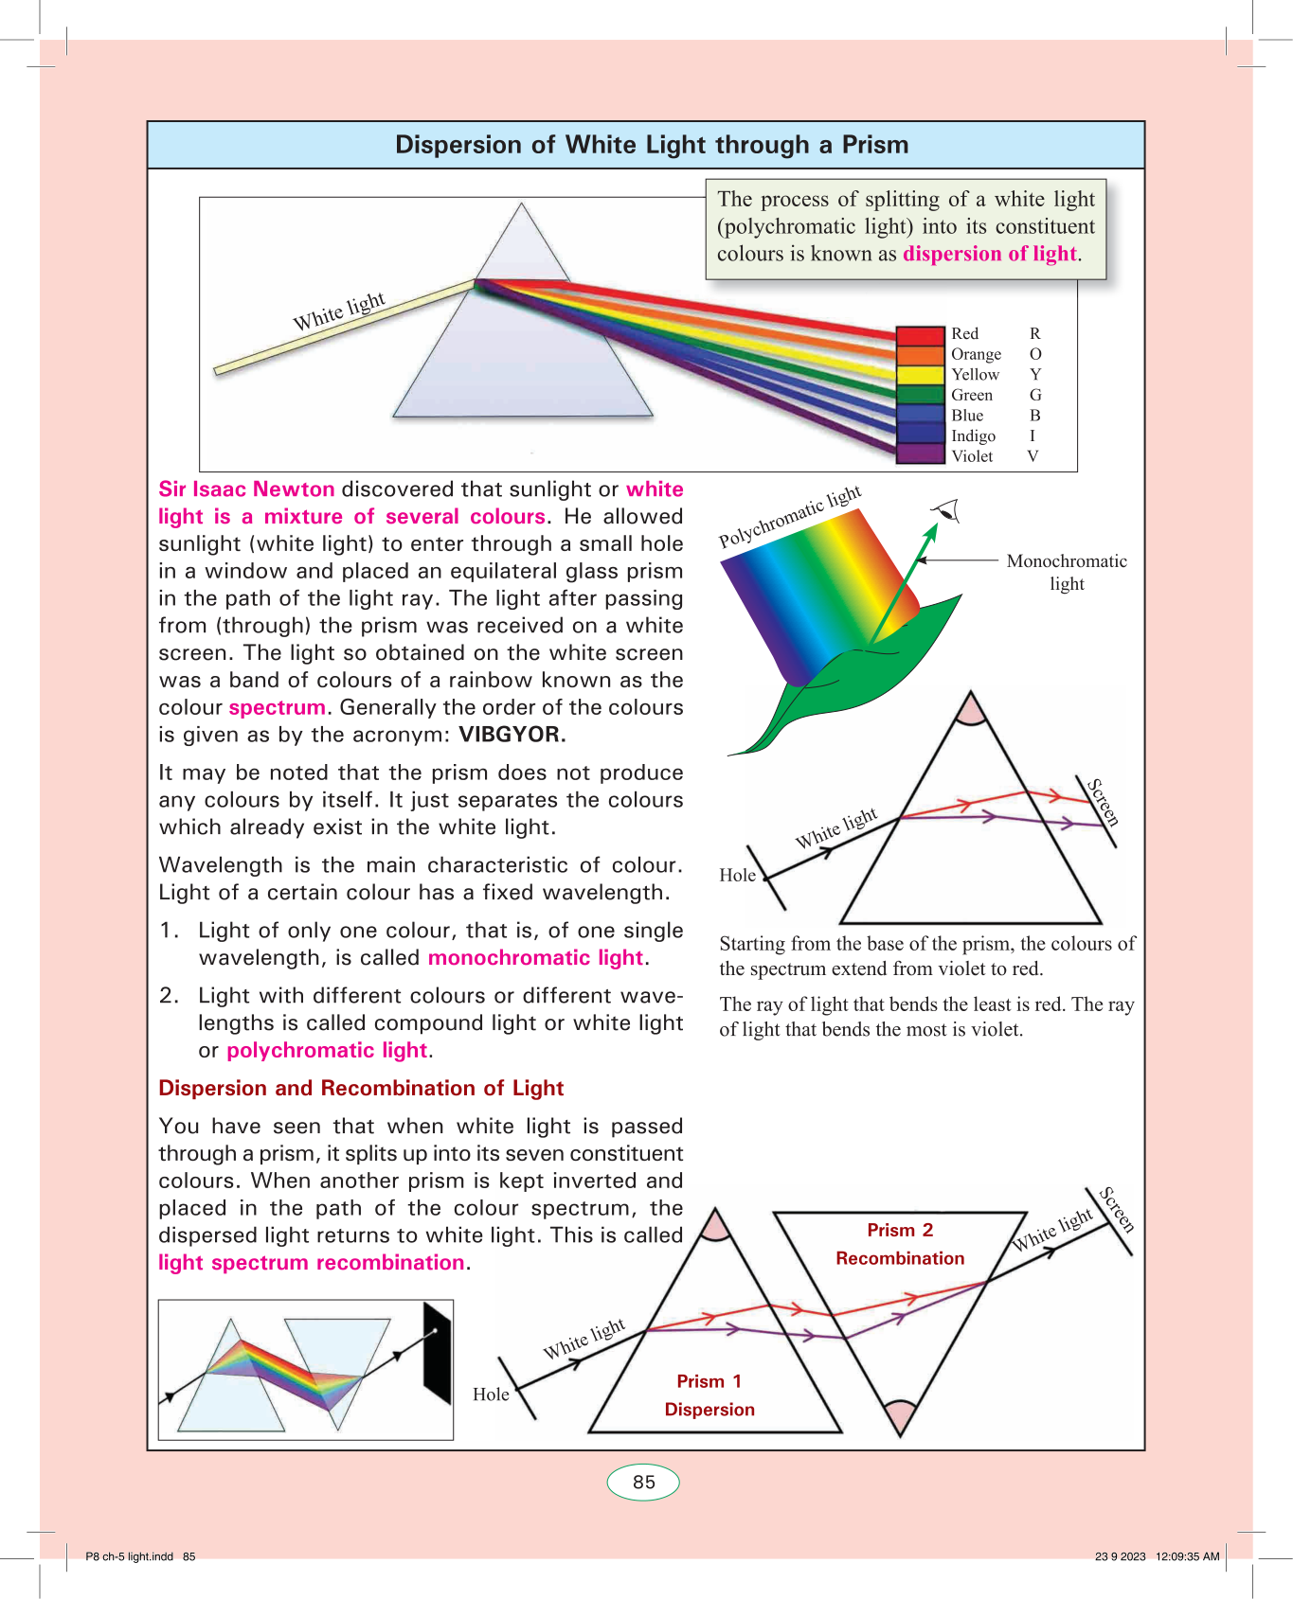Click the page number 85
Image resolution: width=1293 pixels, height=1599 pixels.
click(643, 1483)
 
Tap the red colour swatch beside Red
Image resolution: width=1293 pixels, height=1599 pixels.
click(920, 334)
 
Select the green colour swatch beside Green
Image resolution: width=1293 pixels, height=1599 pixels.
click(920, 395)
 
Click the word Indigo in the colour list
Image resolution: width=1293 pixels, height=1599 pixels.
click(973, 435)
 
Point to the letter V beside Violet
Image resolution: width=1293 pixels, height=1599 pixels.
click(1033, 456)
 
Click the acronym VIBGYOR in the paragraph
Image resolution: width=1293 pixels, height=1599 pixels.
click(512, 735)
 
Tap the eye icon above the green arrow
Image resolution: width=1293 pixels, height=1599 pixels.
click(946, 512)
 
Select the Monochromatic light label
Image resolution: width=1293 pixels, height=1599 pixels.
click(1067, 572)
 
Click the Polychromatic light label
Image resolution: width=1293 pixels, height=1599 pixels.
click(789, 517)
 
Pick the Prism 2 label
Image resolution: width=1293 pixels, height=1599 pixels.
click(900, 1230)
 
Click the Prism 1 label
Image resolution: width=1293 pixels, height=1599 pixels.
click(709, 1381)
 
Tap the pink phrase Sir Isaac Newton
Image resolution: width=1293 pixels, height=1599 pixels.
click(246, 489)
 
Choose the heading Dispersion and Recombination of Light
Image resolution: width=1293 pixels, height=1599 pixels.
click(361, 1088)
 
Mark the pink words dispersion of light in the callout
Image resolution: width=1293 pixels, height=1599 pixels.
click(990, 254)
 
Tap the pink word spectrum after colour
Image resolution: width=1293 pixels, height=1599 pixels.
click(277, 707)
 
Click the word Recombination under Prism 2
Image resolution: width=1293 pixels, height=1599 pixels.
click(900, 1258)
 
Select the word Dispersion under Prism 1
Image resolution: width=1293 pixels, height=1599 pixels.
click(709, 1410)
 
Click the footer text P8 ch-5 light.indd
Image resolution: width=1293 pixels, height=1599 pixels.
click(130, 1556)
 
